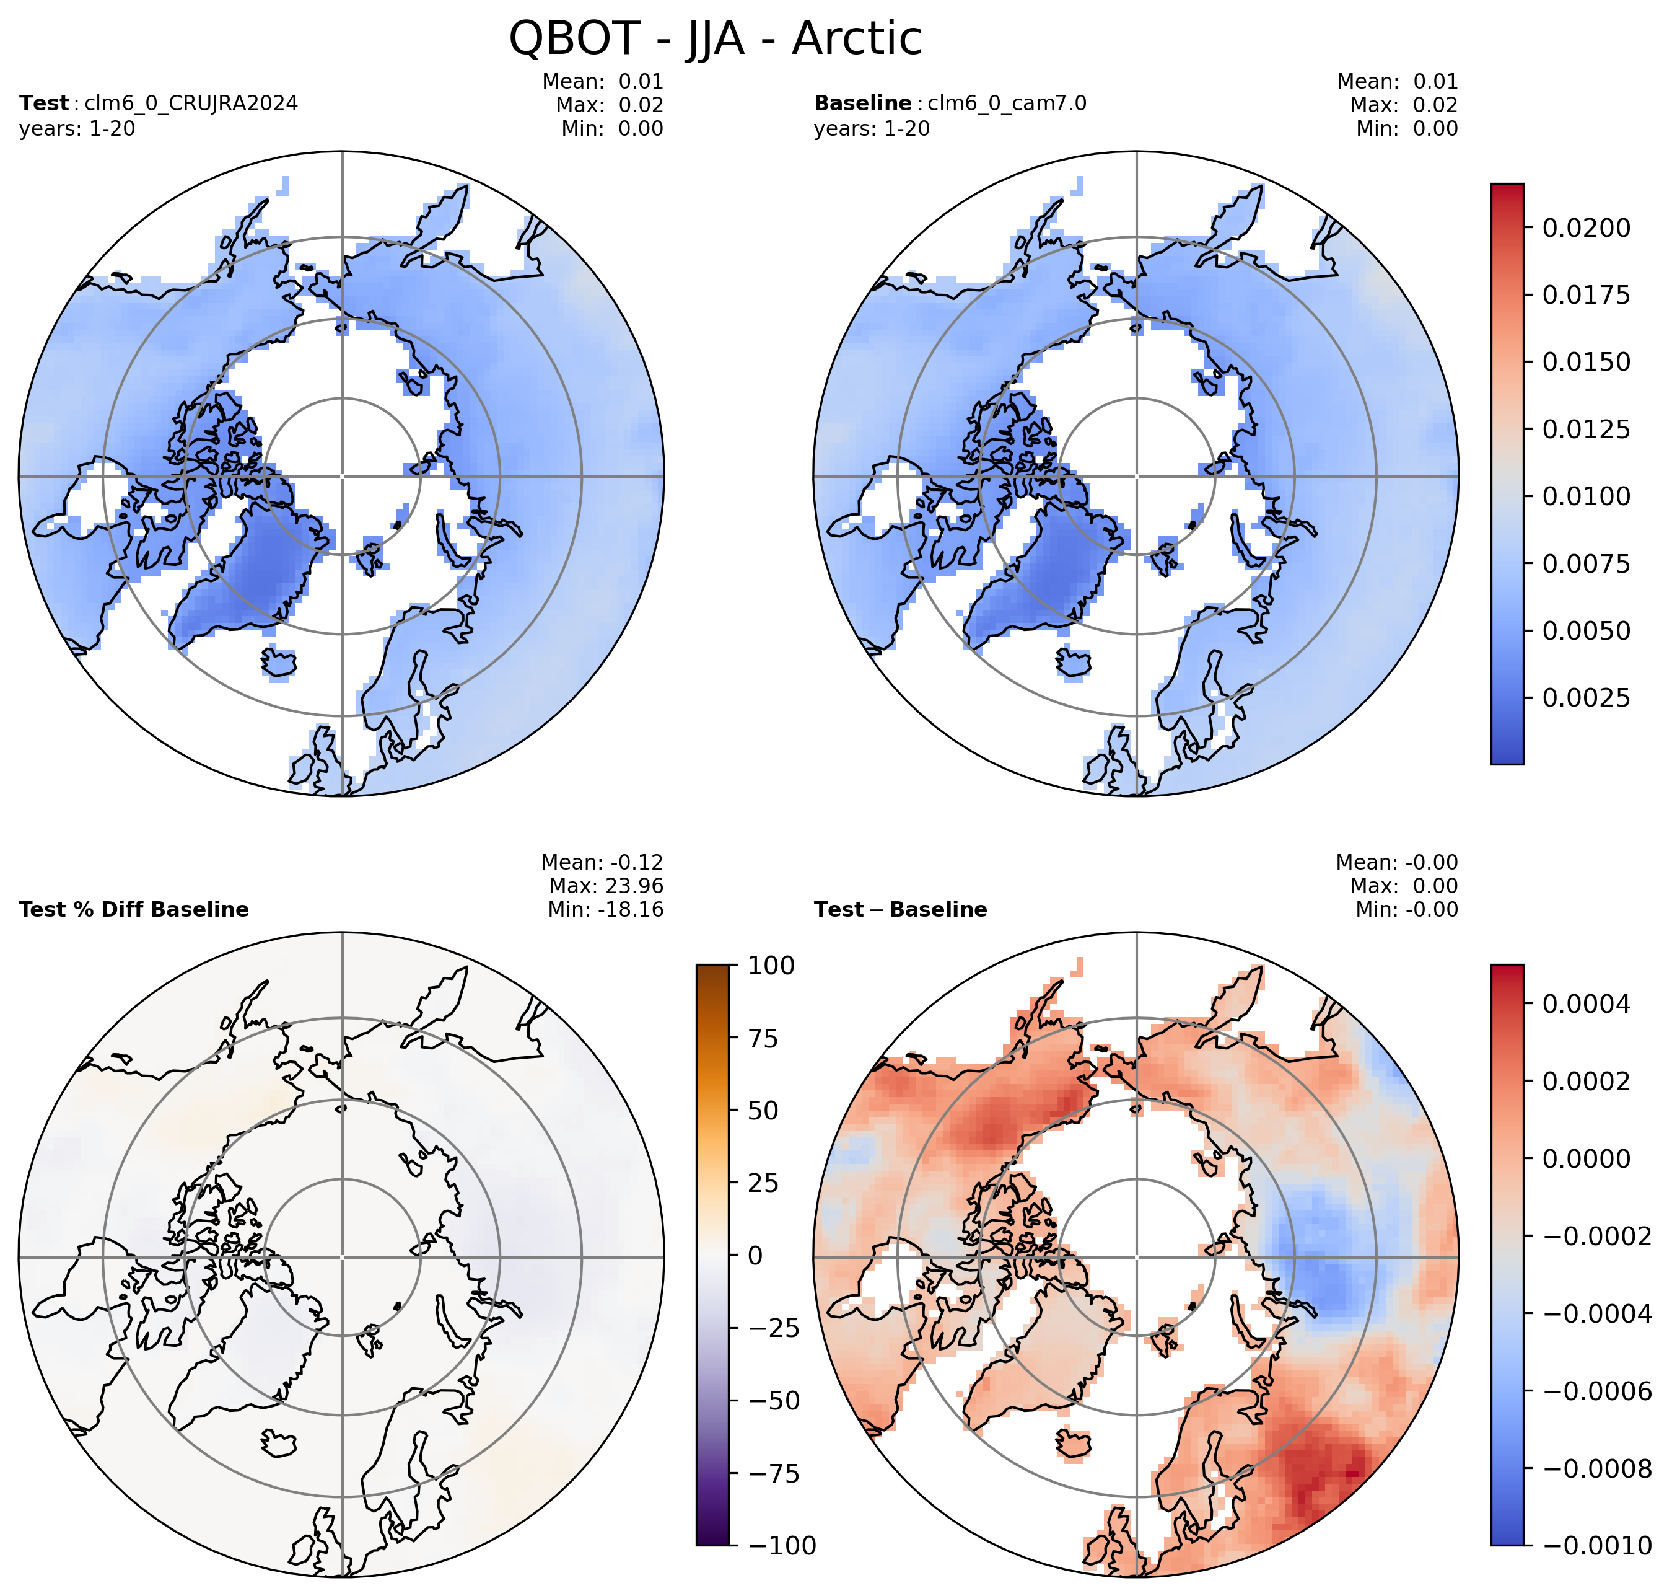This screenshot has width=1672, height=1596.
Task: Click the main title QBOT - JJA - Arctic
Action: [x=716, y=38]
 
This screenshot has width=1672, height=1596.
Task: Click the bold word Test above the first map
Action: [x=43, y=103]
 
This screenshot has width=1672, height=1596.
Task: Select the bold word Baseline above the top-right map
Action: [x=862, y=103]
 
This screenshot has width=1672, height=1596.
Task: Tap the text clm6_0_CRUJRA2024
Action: [x=191, y=104]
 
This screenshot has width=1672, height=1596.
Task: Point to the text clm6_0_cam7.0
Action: [x=1007, y=104]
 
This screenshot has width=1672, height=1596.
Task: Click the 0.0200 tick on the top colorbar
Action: [x=1586, y=228]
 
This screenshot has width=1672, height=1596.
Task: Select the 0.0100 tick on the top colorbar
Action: [x=1586, y=496]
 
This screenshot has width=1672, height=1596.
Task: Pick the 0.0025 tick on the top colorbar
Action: [x=1586, y=698]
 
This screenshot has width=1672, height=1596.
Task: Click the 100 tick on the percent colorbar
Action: [x=771, y=966]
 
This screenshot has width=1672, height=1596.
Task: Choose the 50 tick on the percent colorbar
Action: [x=763, y=1110]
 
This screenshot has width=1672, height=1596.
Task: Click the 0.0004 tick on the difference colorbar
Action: [x=1586, y=1004]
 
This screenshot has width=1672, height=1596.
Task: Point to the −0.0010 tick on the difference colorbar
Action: [x=1596, y=1545]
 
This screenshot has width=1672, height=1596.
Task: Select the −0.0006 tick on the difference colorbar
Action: [x=1596, y=1391]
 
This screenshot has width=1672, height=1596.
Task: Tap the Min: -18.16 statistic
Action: [x=605, y=909]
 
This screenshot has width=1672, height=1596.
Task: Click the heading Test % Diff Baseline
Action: [x=134, y=909]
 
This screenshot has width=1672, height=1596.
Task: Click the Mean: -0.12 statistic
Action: [x=602, y=862]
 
